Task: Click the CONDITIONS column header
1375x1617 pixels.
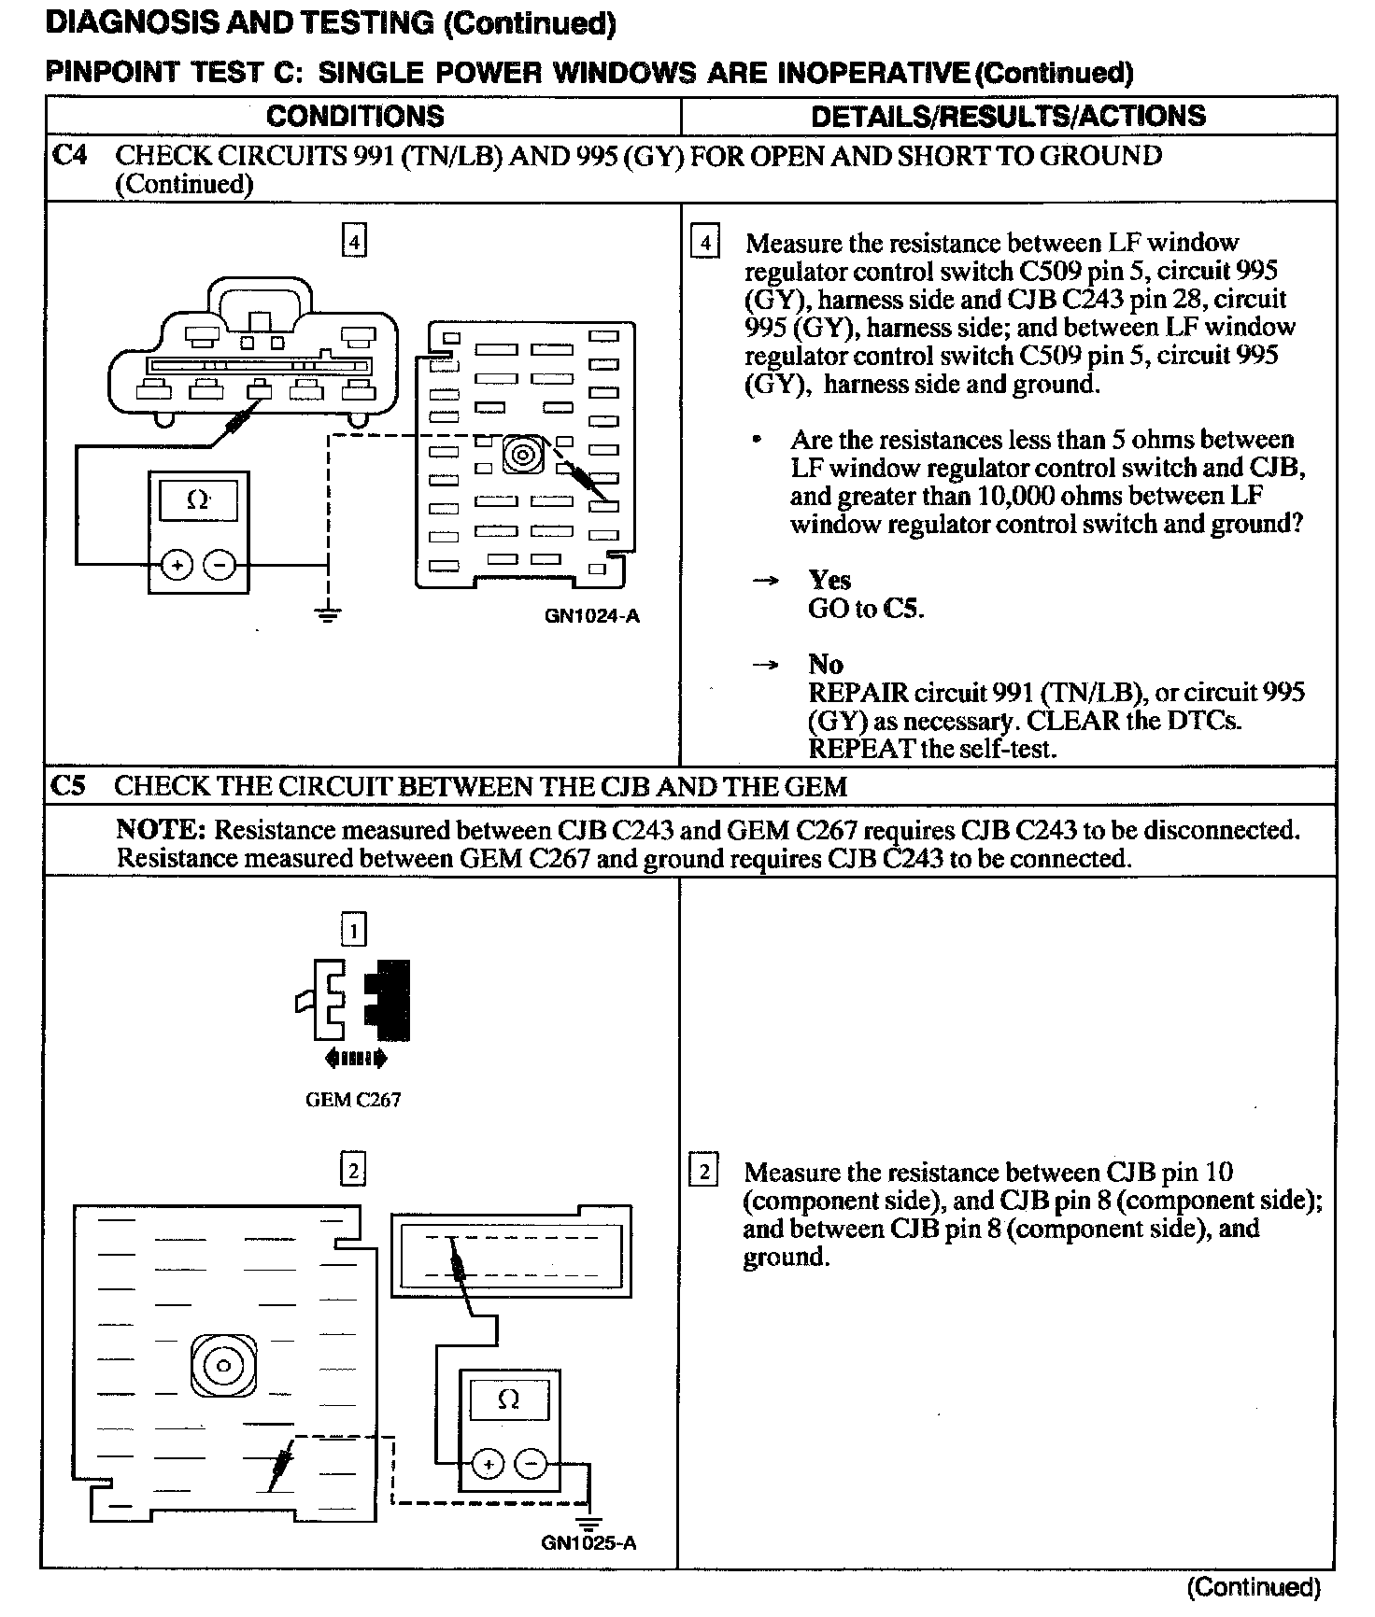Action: [x=355, y=116]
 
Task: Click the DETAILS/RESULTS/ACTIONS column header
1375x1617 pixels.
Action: [x=1008, y=116]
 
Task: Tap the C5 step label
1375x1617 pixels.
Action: [x=69, y=786]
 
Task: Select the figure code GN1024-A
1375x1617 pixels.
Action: [x=593, y=616]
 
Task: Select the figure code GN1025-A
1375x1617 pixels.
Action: [x=588, y=1542]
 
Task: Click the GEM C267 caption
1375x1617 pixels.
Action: [x=353, y=1100]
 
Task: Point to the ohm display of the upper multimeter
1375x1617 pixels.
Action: [x=198, y=501]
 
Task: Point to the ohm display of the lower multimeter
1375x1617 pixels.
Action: [x=508, y=1400]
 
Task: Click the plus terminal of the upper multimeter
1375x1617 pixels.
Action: [x=177, y=565]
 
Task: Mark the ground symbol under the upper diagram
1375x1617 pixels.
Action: [x=327, y=614]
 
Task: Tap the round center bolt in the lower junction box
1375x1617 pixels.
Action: [x=222, y=1367]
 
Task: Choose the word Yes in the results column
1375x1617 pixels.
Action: [x=829, y=580]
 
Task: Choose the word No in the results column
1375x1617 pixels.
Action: [x=826, y=665]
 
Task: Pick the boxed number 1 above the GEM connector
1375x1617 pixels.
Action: [x=353, y=930]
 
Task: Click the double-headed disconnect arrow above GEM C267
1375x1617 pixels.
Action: [x=355, y=1059]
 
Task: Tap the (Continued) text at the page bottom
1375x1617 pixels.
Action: [x=1254, y=1587]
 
